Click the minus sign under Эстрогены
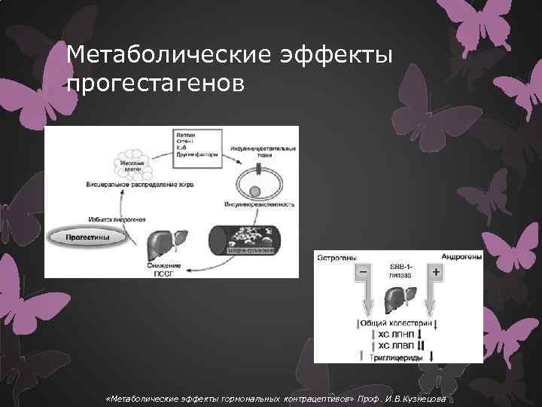tap(363, 270)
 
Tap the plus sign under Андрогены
tap(435, 270)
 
